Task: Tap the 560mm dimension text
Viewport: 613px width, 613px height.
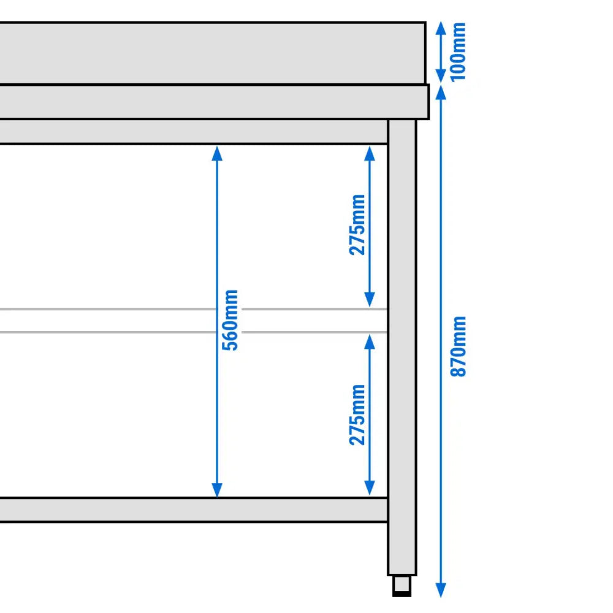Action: [x=230, y=320]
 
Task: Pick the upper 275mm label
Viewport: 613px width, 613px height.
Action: [x=358, y=224]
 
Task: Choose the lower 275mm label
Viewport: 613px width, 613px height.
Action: [x=358, y=414]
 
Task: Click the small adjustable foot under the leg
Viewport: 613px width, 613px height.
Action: [x=402, y=585]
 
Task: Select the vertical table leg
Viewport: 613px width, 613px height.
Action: [x=402, y=343]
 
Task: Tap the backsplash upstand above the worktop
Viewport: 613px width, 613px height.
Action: [x=208, y=53]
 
